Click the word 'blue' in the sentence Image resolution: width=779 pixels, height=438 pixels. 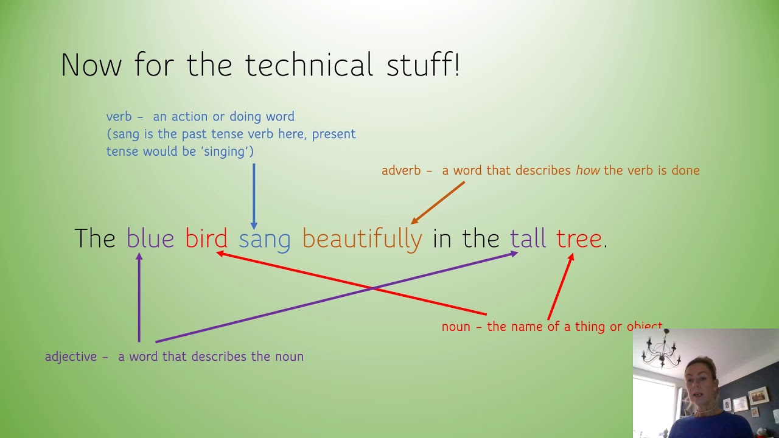click(x=150, y=238)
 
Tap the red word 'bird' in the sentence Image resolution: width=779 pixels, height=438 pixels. click(x=206, y=238)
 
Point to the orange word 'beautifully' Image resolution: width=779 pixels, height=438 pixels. click(x=362, y=239)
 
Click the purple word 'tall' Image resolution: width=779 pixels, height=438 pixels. click(x=528, y=238)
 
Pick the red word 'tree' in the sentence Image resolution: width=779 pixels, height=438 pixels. click(x=579, y=238)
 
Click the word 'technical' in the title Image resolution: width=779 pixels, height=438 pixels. click(x=309, y=65)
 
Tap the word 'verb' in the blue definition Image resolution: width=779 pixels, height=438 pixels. click(x=119, y=117)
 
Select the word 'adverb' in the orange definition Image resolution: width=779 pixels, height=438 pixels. click(x=401, y=171)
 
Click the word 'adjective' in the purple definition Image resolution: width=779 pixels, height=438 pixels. click(x=71, y=357)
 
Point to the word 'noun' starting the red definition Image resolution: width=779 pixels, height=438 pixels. click(x=456, y=327)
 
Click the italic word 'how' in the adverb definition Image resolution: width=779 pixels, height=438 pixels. click(x=587, y=171)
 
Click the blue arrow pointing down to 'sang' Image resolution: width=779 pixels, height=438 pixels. click(x=254, y=195)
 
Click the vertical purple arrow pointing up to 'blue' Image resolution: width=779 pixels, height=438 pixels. click(x=139, y=298)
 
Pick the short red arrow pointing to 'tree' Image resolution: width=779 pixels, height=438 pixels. click(x=561, y=286)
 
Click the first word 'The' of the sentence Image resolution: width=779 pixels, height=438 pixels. click(x=94, y=238)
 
